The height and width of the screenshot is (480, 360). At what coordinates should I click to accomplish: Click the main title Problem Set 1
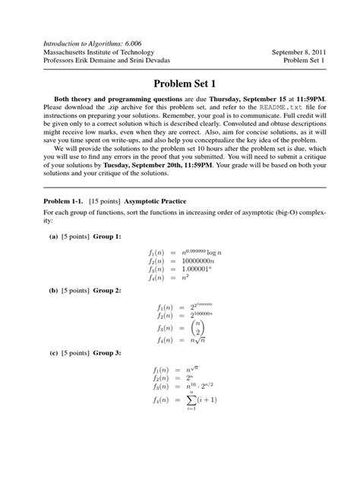(180, 83)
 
